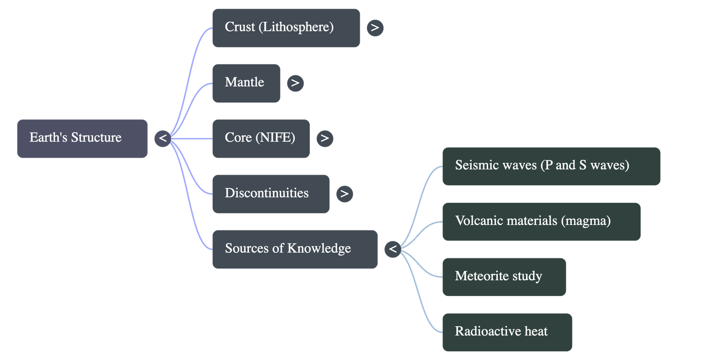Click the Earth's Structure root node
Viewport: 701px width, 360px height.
(82, 138)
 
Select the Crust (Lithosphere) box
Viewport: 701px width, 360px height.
(286, 28)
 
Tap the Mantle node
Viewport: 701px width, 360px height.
(246, 83)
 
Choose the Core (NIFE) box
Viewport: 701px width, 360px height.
(261, 138)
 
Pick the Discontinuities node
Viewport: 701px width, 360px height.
(271, 194)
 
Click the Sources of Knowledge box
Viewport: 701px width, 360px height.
(295, 249)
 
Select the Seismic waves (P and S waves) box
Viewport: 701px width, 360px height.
(551, 166)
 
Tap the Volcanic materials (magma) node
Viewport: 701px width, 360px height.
(541, 221)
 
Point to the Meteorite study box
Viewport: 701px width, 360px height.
(504, 277)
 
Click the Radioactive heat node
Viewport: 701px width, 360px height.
(507, 332)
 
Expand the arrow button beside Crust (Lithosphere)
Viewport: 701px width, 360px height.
(375, 28)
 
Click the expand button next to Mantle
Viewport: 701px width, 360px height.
(295, 83)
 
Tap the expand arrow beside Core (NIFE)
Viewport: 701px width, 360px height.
(325, 138)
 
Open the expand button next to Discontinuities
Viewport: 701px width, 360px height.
(344, 194)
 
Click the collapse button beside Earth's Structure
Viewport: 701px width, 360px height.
(163, 138)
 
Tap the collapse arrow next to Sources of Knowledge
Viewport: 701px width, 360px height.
(393, 249)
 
